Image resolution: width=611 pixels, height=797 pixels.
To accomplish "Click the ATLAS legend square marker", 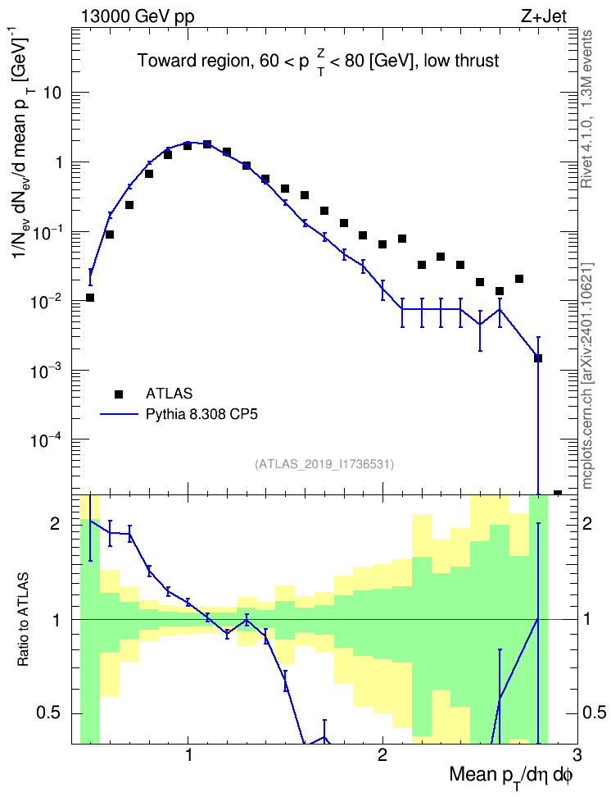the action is tap(119, 394).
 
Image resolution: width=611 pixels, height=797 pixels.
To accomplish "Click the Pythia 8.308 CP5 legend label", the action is tap(201, 414).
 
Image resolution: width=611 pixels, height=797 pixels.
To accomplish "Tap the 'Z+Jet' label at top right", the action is tap(544, 16).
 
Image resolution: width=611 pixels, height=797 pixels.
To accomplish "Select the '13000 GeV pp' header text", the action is tap(137, 16).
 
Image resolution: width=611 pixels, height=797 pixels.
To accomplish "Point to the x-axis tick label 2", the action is tap(382, 754).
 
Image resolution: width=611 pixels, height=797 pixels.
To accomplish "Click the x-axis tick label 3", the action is tap(577, 754).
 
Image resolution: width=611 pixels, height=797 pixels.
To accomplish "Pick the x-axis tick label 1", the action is tap(188, 754).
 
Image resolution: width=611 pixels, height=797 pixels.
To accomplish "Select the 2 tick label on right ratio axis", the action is tap(587, 523).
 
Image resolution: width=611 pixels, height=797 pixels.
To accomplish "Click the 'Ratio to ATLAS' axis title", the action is tap(23, 620).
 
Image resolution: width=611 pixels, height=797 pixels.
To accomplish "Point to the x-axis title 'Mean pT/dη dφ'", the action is tap(511, 777).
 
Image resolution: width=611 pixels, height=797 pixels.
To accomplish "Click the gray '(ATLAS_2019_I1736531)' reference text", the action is tap(324, 463).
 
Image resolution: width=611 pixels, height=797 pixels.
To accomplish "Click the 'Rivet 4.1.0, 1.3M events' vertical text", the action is tap(587, 109).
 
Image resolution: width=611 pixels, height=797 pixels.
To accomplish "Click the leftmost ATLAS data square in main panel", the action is tap(90, 298).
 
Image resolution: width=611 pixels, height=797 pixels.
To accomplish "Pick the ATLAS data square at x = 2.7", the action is tap(519, 279).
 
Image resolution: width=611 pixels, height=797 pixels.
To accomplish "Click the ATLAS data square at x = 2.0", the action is tap(382, 244).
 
